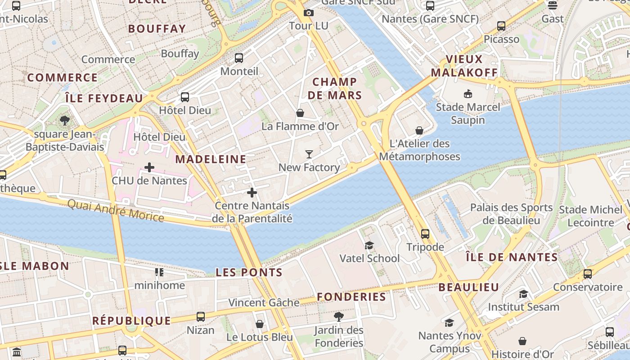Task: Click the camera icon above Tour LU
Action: [x=308, y=13]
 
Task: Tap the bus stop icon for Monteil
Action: [x=239, y=58]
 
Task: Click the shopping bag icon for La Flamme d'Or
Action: [x=300, y=112]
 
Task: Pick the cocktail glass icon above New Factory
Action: [x=309, y=154]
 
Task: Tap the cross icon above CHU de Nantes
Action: [x=149, y=167]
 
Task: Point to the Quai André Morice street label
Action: [x=116, y=211]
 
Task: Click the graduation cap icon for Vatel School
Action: [x=369, y=245]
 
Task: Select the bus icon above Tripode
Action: [x=425, y=234]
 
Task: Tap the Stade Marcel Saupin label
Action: [x=468, y=113]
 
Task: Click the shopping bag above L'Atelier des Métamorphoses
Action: [x=419, y=130]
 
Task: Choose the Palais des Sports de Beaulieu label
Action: [x=511, y=214]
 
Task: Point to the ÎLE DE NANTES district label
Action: [x=512, y=257]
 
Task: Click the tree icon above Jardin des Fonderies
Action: [x=339, y=317]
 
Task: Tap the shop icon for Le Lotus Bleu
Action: [x=260, y=324]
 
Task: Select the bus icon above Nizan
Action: [x=201, y=316]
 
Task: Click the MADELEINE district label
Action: [x=211, y=159]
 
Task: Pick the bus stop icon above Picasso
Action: [x=501, y=26]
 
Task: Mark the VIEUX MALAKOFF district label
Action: [x=464, y=66]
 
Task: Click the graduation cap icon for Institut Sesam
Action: [x=523, y=294]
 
